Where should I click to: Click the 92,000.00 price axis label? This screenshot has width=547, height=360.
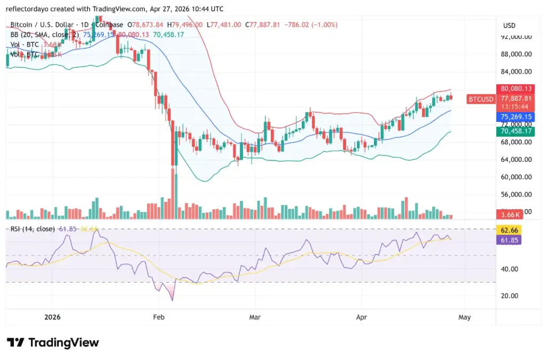(x=516, y=37)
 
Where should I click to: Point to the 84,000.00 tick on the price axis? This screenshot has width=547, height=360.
(x=516, y=72)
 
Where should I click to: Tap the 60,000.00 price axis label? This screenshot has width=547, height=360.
(x=516, y=177)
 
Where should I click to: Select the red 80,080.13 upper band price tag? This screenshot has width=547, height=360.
(x=516, y=89)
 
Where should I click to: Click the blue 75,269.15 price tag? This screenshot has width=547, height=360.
(x=516, y=116)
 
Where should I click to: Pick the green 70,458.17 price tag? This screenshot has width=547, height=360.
(x=516, y=130)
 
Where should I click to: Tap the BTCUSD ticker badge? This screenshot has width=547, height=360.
(x=479, y=99)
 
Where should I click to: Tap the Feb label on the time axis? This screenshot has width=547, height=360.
(x=158, y=317)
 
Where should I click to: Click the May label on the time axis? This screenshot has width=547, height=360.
(x=464, y=317)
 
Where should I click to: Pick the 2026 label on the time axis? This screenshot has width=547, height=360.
(x=52, y=317)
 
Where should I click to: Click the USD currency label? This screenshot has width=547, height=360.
(x=509, y=26)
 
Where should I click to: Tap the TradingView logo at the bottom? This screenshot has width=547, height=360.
(x=53, y=342)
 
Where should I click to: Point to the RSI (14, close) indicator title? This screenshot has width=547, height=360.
(x=33, y=229)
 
